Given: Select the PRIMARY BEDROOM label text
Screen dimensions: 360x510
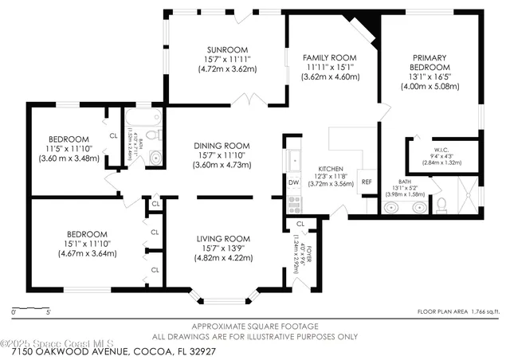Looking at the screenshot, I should [x=430, y=63].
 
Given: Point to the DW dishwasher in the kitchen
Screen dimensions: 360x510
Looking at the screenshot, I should [x=293, y=182].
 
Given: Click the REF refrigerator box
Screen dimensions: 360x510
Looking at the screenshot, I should [x=367, y=182].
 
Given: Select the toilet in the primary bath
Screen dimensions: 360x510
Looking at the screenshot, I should [x=441, y=205].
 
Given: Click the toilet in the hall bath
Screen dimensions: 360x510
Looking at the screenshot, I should [x=155, y=157].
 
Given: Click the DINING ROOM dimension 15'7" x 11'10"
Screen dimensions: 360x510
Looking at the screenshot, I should [x=222, y=155].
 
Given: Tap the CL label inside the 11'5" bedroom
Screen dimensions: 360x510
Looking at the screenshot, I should [x=113, y=135].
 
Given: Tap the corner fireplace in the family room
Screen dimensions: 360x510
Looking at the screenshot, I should [x=366, y=30].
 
